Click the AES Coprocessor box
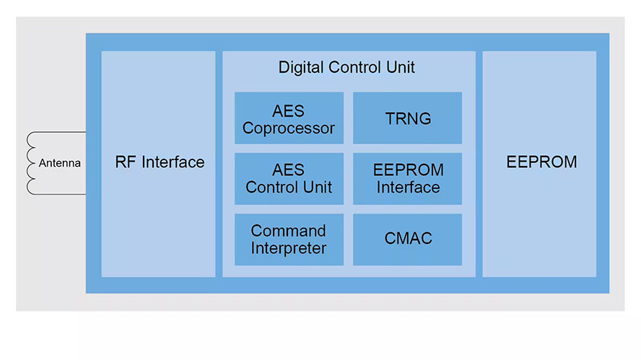(289, 119)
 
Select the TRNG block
(408, 119)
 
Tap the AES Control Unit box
(289, 179)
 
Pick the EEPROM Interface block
(407, 179)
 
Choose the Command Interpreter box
(289, 240)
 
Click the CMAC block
(408, 239)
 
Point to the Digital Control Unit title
(346, 69)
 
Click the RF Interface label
(160, 162)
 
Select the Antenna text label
(60, 163)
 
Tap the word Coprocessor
(289, 128)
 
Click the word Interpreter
(289, 248)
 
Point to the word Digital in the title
(301, 69)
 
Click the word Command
(289, 231)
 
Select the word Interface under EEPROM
(407, 188)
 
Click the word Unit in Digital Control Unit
(400, 69)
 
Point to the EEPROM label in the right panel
(541, 162)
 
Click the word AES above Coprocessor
(289, 111)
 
